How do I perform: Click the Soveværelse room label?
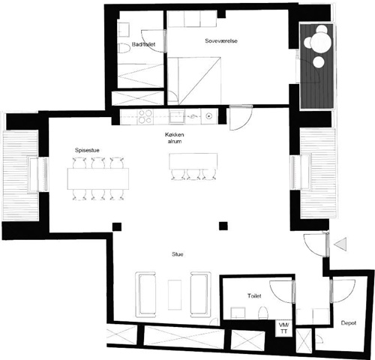coord(221,40)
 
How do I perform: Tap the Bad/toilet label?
coord(143,44)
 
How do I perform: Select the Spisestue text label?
coord(87,150)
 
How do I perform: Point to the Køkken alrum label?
coord(175,138)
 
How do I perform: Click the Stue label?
coord(178,254)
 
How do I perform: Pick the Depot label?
coord(349,323)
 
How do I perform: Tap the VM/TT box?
coord(283,328)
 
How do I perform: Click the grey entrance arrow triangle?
coord(341,244)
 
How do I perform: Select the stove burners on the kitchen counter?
coord(145,116)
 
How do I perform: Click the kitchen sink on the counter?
coord(177,117)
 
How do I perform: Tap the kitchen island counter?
coord(193,161)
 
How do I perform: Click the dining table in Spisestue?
coord(98,178)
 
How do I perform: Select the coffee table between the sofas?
coord(175,295)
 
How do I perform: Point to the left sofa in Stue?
coord(145,295)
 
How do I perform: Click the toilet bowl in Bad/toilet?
coord(124,49)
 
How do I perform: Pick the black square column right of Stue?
coord(223,226)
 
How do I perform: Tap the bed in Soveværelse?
coord(194,80)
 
